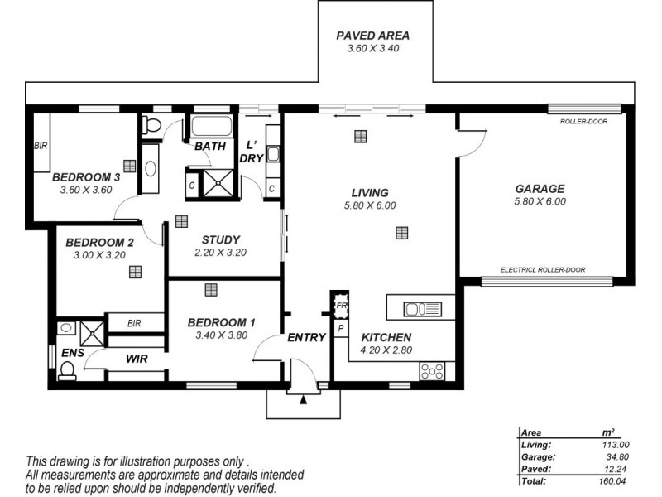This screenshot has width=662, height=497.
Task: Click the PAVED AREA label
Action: (372, 36)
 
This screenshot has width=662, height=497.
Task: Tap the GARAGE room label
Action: (540, 188)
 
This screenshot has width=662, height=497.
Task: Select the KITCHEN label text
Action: (386, 338)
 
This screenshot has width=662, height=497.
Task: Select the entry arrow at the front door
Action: (304, 400)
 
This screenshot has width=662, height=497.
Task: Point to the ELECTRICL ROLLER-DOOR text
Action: (543, 270)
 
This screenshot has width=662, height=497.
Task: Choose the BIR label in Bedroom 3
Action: (41, 146)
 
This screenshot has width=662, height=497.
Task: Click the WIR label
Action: (137, 359)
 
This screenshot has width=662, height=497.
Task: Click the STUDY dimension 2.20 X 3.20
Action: (221, 253)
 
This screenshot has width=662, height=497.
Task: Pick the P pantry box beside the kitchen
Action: (340, 329)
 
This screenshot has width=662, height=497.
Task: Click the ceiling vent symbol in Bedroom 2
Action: (135, 271)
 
